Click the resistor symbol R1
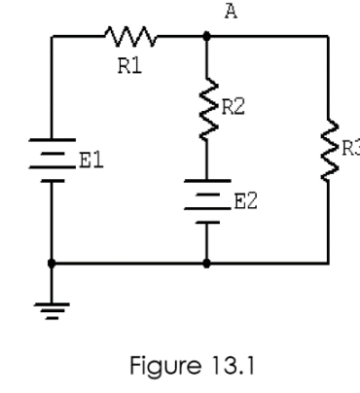[128, 37]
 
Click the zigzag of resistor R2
[206, 109]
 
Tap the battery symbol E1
[50, 161]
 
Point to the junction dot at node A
[206, 37]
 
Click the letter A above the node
[231, 12]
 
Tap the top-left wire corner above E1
[50, 37]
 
